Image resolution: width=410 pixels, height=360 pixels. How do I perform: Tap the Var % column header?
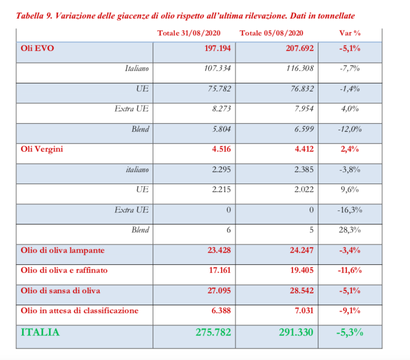pos(349,33)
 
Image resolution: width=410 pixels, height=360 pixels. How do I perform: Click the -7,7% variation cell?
pos(349,68)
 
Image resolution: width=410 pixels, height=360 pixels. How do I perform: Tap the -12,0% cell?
pos(349,129)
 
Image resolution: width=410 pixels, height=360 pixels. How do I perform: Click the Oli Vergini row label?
pos(42,149)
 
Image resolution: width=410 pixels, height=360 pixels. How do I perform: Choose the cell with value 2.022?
pos(303,189)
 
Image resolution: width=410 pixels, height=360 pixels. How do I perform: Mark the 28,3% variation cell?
pos(349,230)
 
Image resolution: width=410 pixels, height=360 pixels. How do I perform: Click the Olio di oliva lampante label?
pos(62,250)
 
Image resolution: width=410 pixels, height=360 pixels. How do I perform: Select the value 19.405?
pos(301,270)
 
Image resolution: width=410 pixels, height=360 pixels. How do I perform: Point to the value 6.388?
pos(220,310)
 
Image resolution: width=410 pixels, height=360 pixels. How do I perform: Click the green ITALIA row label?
pos(40,332)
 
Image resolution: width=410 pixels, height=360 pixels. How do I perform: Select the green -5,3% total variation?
pos(349,332)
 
